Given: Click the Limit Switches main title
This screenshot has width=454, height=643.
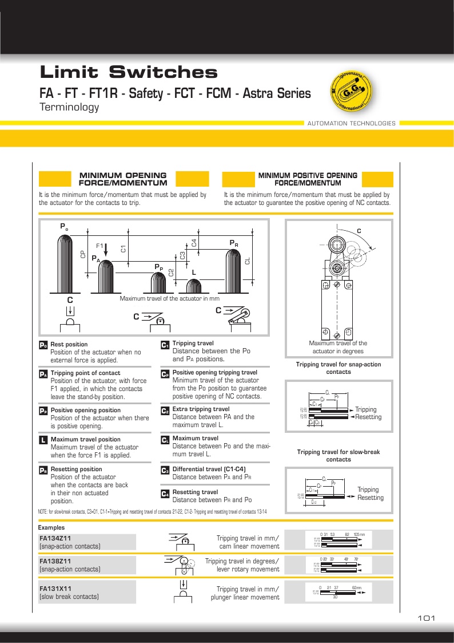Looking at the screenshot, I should (x=129, y=73).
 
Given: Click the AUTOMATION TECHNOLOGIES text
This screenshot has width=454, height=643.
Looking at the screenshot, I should (x=351, y=123).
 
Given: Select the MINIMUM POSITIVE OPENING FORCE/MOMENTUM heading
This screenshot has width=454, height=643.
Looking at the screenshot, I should (x=308, y=179).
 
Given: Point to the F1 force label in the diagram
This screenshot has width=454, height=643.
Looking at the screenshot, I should (x=100, y=246).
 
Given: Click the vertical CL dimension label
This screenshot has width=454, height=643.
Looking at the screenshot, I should (x=248, y=261).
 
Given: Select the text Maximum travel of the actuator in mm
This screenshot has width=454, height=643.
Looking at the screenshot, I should (x=169, y=299).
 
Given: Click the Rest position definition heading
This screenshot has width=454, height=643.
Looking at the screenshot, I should (x=69, y=344).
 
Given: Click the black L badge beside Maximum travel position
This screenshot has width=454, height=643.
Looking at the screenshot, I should (x=43, y=440).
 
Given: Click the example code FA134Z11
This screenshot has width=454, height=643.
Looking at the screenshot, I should (x=55, y=538).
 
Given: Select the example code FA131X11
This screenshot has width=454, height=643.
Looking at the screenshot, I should (x=55, y=589).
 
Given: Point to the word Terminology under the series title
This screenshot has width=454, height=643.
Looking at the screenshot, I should (x=69, y=108).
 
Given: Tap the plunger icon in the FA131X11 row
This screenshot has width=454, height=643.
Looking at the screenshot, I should (x=183, y=591).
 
